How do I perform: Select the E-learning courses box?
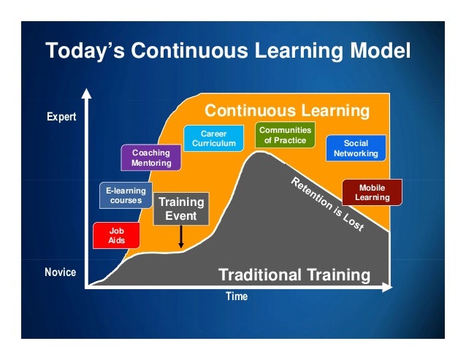(126, 196)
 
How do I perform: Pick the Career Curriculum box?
(214, 139)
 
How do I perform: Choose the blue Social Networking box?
(356, 148)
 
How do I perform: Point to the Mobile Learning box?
(372, 193)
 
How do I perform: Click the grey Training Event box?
(180, 208)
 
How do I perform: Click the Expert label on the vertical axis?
(62, 117)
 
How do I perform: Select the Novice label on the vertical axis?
(62, 272)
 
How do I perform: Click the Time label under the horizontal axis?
(236, 296)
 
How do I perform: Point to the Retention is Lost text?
(327, 204)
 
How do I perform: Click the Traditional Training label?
(295, 275)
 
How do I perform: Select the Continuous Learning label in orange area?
(286, 111)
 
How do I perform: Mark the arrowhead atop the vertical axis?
(87, 93)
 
